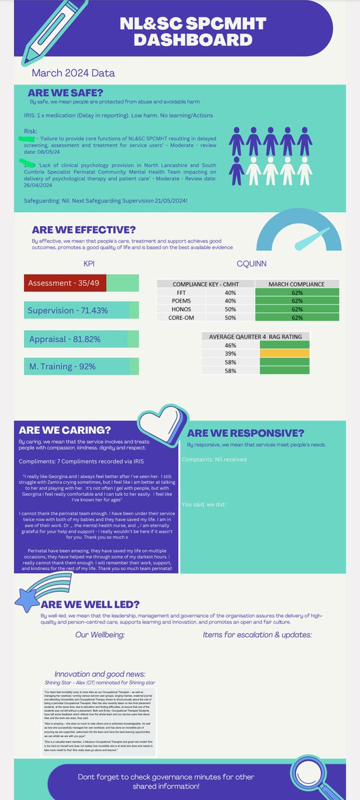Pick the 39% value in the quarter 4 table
pos(231,354)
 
